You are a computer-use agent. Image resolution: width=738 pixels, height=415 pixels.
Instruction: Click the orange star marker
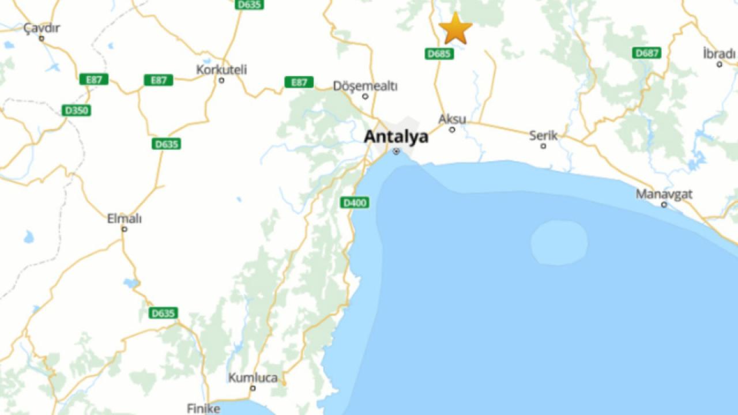tap(455, 29)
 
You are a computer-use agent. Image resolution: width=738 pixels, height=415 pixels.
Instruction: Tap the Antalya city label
tap(396, 137)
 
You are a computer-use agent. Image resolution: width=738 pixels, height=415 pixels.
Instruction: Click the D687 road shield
tap(646, 53)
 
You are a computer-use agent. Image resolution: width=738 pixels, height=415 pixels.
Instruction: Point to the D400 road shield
tap(355, 202)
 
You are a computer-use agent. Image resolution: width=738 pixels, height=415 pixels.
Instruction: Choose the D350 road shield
tap(76, 110)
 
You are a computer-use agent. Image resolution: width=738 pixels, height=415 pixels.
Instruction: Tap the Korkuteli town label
tap(221, 70)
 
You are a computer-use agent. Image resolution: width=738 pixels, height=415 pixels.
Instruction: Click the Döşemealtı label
tap(365, 86)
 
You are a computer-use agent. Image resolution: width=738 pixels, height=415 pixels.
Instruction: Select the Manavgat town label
tap(664, 194)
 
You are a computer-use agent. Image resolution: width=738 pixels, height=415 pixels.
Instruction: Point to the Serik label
tap(544, 135)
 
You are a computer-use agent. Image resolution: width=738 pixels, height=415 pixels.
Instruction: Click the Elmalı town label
tap(125, 219)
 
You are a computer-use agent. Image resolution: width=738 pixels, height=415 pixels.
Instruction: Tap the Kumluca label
tap(253, 378)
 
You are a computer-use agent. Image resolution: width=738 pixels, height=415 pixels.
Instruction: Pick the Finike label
tap(204, 408)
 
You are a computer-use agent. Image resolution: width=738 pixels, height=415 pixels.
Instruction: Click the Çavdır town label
tap(42, 28)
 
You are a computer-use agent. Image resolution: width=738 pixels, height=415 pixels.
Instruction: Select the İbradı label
tap(719, 54)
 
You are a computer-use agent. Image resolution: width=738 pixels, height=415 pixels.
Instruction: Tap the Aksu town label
tap(452, 119)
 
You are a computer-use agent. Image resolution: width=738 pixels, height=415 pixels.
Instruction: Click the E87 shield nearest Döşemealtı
tap(299, 82)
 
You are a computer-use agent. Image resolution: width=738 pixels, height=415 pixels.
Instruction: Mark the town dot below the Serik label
tap(543, 146)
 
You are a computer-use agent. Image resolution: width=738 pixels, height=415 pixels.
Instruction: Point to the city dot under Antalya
tap(396, 151)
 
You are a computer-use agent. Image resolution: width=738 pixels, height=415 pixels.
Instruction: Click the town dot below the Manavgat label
tap(664, 205)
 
